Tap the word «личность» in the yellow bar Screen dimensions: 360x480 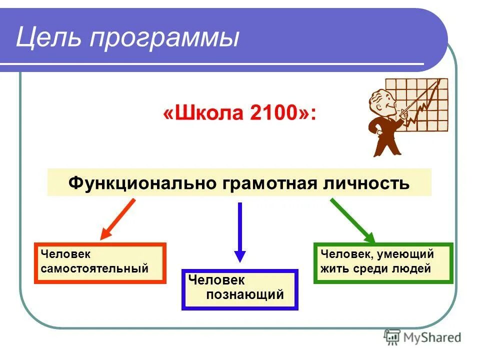[365, 182]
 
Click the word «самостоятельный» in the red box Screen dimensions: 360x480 [94, 268]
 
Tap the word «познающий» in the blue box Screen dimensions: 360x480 [245, 294]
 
